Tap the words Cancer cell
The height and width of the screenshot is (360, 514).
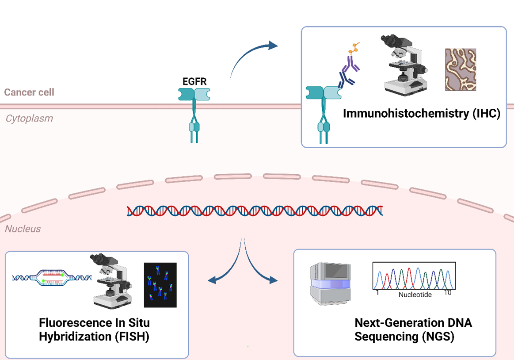pos(29,92)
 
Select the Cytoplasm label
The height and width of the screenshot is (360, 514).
pos(29,119)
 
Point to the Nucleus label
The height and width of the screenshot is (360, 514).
pos(23,229)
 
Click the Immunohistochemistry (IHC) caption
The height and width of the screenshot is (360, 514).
pos(421,113)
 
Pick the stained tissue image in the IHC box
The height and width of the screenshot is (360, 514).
pos(461,69)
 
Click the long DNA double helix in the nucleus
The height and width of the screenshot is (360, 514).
pos(255,211)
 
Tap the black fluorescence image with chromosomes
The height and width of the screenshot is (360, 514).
pos(160,285)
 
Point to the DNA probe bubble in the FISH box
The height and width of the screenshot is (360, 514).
pos(52,278)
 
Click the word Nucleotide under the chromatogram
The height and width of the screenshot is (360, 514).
pos(415,295)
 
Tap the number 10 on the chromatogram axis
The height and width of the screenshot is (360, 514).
pos(447,293)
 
